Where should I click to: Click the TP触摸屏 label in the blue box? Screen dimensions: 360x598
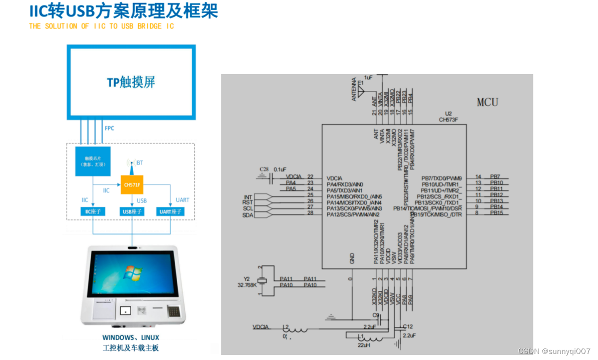131,82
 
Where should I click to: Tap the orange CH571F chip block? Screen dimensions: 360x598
132,185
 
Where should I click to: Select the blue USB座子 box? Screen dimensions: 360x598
132,211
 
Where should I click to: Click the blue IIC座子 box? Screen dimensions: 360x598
93,211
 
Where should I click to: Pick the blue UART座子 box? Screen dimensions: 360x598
170,211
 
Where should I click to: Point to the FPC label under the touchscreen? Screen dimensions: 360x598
109,128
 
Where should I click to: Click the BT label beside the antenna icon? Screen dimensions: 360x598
140,163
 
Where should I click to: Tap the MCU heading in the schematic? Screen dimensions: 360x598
487,102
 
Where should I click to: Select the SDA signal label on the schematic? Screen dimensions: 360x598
248,215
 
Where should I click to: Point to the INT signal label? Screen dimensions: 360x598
248,197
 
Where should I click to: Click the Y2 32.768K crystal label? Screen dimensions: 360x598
248,281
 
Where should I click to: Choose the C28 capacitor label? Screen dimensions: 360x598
264,169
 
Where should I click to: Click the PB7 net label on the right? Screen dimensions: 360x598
495,177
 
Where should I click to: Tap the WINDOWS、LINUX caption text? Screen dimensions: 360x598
131,337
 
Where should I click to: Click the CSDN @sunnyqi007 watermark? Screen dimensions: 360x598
554,351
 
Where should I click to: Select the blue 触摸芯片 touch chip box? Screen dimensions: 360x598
93,161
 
